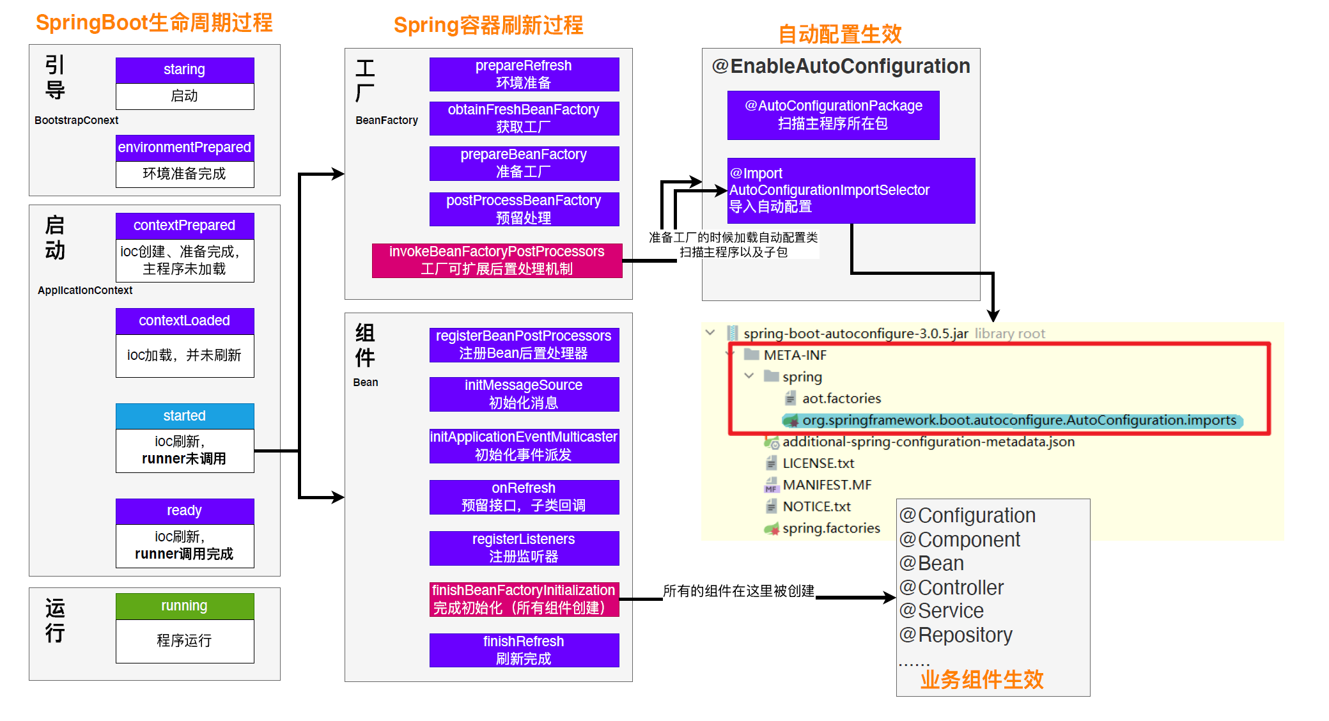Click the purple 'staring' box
pos(185,70)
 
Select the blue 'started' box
pos(185,416)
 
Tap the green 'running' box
pos(185,606)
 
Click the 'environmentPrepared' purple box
pos(185,148)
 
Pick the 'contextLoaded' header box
pos(185,321)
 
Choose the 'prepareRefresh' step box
pos(524,74)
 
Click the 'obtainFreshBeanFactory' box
pos(524,118)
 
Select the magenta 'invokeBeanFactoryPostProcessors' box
pos(497,260)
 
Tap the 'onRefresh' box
pos(524,497)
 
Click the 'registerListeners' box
pos(524,548)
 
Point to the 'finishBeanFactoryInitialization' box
pos(524,599)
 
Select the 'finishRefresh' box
pos(524,650)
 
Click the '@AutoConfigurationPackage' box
pos(833,115)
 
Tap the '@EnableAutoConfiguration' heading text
pos(841,66)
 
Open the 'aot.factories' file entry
pos(841,399)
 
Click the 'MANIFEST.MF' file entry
pos(827,485)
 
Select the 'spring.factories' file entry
pos(831,529)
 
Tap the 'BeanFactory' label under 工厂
pos(387,120)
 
